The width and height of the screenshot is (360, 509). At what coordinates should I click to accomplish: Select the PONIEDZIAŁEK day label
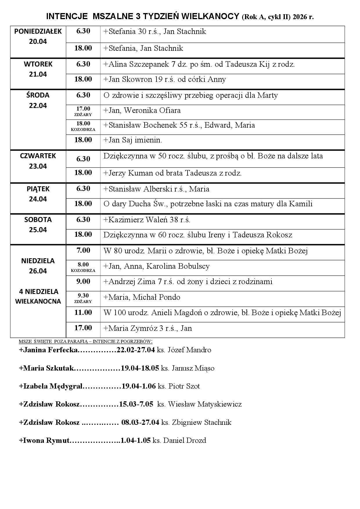pyautogui.click(x=38, y=31)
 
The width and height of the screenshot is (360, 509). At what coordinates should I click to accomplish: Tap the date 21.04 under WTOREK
pyautogui.click(x=38, y=74)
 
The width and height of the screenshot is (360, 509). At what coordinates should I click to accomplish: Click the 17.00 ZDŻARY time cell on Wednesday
pyautogui.click(x=83, y=111)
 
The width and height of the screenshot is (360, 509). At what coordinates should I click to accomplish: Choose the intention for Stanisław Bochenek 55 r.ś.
pyautogui.click(x=179, y=125)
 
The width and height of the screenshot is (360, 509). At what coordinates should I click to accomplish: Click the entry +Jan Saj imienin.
pyautogui.click(x=133, y=140)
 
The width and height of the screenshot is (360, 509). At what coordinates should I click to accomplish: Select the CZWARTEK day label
pyautogui.click(x=38, y=156)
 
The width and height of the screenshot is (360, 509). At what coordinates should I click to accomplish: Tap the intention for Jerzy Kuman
pyautogui.click(x=172, y=174)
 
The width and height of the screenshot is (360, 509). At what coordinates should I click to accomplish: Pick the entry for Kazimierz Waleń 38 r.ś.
pyautogui.click(x=147, y=220)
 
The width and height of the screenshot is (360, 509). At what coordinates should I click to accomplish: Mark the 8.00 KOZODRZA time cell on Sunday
pyautogui.click(x=83, y=267)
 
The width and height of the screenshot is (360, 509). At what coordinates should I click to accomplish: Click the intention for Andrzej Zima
pyautogui.click(x=188, y=282)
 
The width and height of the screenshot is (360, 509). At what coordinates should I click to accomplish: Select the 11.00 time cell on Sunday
pyautogui.click(x=83, y=313)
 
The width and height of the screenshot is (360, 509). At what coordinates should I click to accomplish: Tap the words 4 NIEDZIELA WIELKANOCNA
pyautogui.click(x=38, y=296)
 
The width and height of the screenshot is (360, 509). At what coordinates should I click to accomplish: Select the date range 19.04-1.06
pyautogui.click(x=139, y=387)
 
